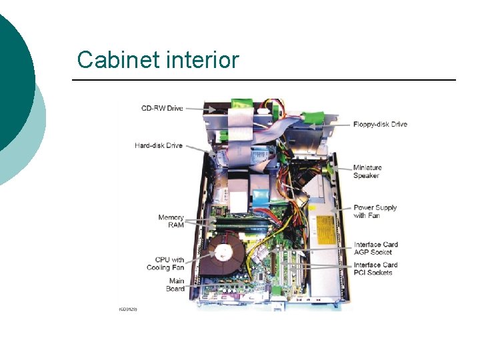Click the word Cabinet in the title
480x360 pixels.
(116, 60)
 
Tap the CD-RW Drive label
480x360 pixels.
(161, 107)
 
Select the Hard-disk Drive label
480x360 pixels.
(158, 145)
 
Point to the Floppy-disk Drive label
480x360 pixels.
(380, 124)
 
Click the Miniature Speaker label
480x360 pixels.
(367, 172)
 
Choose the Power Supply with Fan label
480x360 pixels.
(375, 211)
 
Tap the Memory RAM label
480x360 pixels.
(171, 221)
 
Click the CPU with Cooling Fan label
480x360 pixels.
(166, 263)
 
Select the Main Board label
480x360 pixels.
(176, 285)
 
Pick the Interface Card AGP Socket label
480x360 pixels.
(375, 248)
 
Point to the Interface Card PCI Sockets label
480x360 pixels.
(375, 269)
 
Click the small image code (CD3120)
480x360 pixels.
(128, 310)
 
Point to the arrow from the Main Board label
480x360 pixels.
(192, 286)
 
